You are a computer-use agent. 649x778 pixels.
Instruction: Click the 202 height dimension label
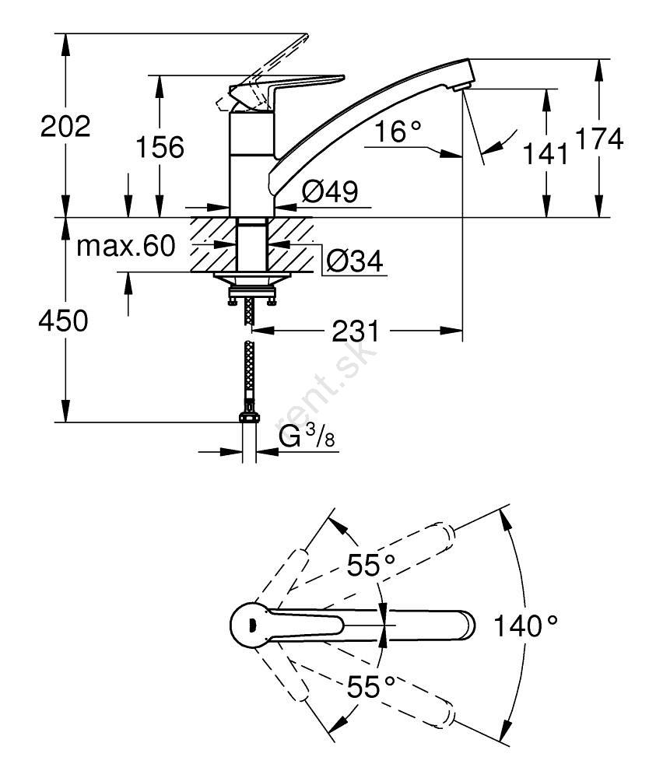point(65,127)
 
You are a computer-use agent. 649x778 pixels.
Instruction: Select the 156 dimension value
point(160,147)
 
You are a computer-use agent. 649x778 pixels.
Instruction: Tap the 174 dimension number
point(599,140)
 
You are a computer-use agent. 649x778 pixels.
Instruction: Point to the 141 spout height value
point(546,154)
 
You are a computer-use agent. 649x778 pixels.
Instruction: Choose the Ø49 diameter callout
point(330,192)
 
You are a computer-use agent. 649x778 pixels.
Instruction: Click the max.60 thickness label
point(127,247)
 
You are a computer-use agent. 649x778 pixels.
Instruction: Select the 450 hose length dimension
point(64,321)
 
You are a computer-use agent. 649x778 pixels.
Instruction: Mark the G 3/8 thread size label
point(307,439)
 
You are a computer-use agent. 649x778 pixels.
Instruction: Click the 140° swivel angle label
point(526,625)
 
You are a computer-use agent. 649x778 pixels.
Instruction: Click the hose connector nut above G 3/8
point(248,414)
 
